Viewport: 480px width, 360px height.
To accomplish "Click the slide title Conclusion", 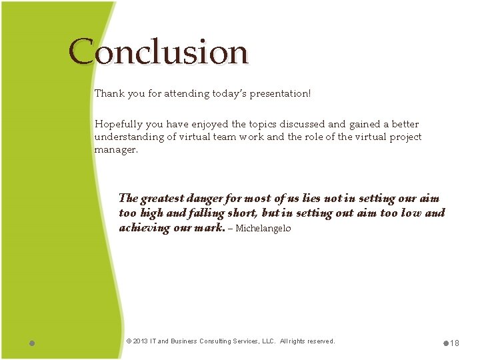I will (158, 52).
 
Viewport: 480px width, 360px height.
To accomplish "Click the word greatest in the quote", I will (163, 199).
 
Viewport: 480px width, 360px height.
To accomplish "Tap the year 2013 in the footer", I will (141, 341).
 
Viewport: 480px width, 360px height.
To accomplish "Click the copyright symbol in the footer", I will (129, 341).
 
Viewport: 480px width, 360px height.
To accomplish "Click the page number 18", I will (455, 343).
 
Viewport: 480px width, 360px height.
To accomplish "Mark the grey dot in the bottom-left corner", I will (32, 343).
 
